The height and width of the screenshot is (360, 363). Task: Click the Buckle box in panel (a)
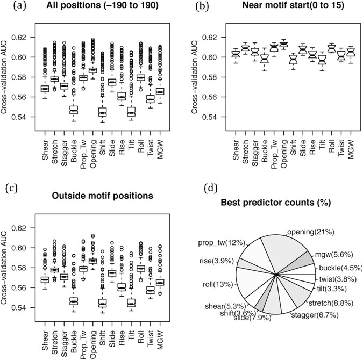click(74, 110)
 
